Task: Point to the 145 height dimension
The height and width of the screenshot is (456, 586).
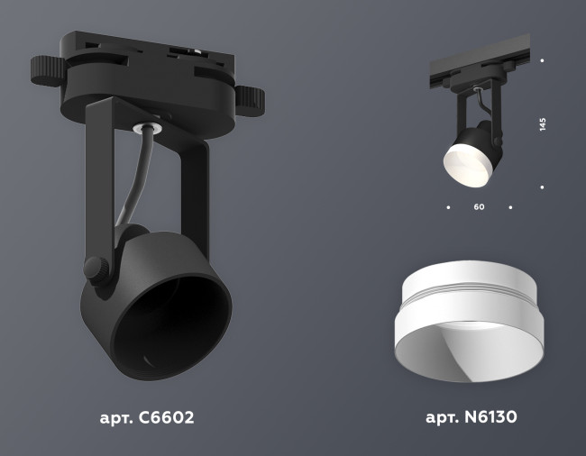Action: click(542, 124)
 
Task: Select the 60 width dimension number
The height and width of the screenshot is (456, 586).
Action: click(479, 207)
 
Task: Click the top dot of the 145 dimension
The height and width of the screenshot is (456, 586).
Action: click(542, 60)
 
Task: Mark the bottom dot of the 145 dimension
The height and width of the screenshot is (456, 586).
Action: click(542, 187)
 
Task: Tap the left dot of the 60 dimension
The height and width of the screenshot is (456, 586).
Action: click(448, 207)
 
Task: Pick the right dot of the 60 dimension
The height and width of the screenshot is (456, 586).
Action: click(510, 207)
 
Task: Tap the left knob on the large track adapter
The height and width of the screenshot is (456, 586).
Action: click(43, 69)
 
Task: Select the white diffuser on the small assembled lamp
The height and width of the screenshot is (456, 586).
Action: click(467, 166)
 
